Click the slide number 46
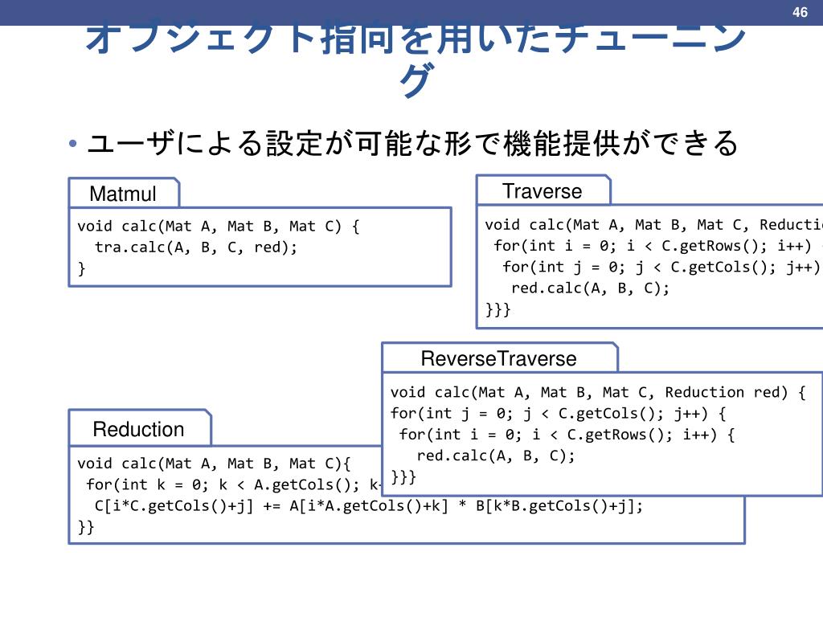pos(799,12)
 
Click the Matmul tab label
pos(123,194)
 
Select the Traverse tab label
pos(542,191)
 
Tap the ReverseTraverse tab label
pos(498,358)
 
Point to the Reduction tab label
pos(138,429)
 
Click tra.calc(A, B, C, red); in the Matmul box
pos(195,247)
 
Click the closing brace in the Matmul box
pos(81,268)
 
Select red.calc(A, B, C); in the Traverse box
pos(590,288)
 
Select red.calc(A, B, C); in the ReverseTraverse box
pos(496,456)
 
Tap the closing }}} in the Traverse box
pos(497,309)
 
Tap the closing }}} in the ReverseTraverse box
pos(403,477)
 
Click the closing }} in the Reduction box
pos(86,527)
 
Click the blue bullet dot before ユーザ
pos(73,145)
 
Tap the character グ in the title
pos(416,81)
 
